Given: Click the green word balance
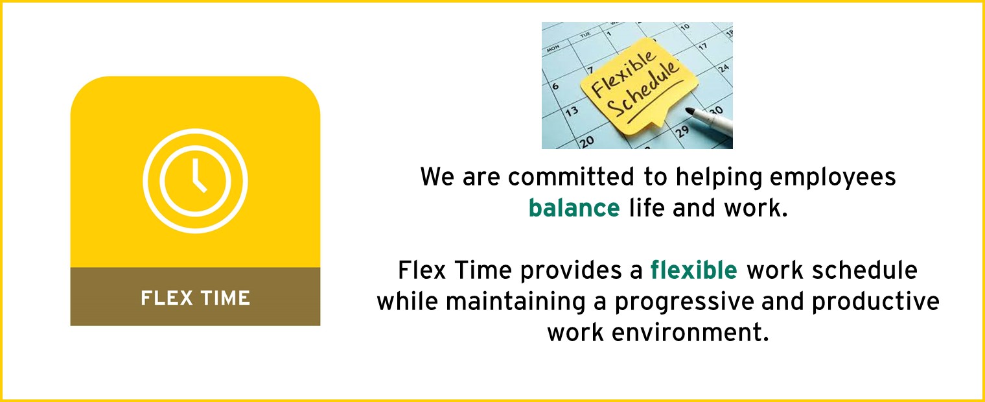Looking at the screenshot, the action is tap(574, 208).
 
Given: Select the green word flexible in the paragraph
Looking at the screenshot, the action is tap(693, 270).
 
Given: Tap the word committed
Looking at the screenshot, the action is tap(571, 177).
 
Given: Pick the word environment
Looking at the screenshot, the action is tap(690, 333).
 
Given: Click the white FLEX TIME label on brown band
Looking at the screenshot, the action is tap(195, 298).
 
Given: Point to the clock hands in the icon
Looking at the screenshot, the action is tap(199, 176).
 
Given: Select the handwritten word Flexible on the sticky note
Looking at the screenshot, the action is tap(623, 73).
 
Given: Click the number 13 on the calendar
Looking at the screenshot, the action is tap(572, 112).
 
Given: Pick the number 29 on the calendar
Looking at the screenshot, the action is tap(682, 131).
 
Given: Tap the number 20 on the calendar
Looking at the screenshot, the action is tap(586, 141).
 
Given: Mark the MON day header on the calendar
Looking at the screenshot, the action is tap(553, 48).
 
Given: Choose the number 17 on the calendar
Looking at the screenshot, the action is tap(703, 46).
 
